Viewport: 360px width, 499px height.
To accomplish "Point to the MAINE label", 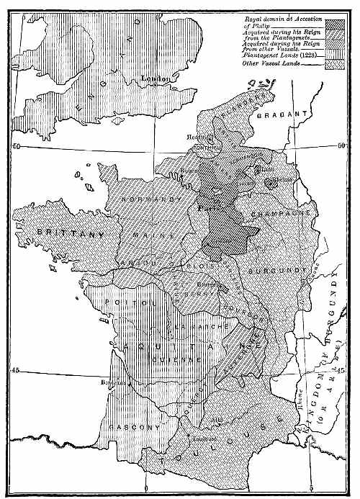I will tap(164, 235).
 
